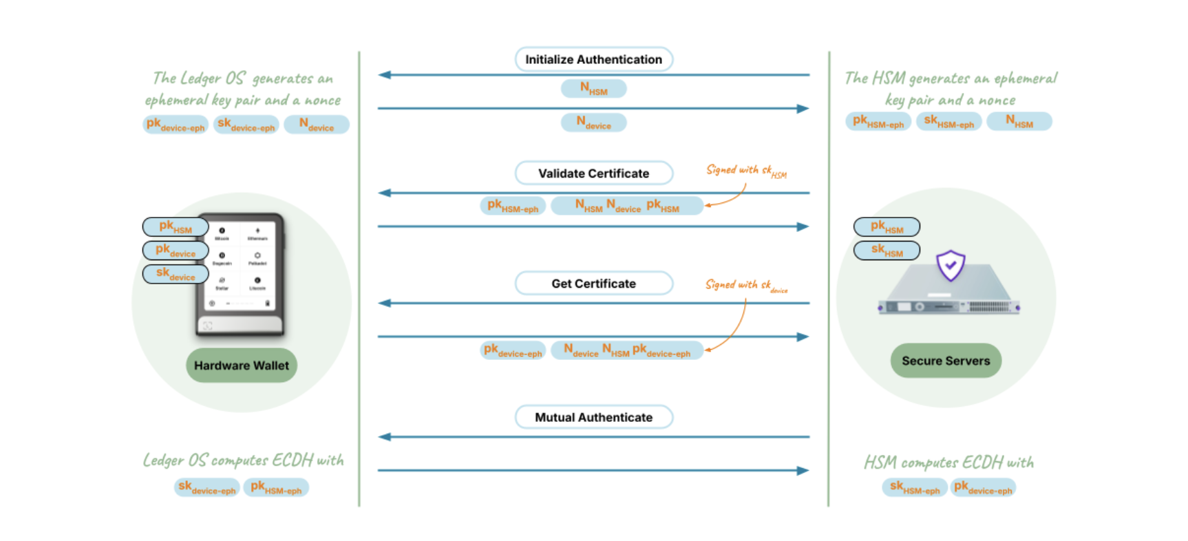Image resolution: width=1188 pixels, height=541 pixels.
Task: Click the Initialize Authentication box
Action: [593, 59]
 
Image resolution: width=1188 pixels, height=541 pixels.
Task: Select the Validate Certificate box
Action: [593, 173]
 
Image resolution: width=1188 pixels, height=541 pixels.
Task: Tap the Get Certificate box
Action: [593, 284]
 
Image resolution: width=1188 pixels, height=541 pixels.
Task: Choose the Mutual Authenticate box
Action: [593, 417]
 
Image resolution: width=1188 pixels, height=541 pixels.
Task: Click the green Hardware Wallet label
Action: [241, 365]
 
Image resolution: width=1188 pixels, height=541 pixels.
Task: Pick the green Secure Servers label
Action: [946, 361]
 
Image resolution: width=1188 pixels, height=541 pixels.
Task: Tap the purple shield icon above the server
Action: [951, 265]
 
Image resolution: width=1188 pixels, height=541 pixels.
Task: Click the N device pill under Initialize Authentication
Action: [593, 123]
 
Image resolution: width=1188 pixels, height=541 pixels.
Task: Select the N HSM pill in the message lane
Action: [593, 89]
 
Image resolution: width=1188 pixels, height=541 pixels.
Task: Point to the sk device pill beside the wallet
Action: [176, 274]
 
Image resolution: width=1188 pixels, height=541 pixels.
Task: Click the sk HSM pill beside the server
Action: [887, 251]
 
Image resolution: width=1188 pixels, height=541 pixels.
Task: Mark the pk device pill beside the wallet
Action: [176, 251]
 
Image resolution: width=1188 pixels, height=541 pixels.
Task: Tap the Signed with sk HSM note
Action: [746, 171]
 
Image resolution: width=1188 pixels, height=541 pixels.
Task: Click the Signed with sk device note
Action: [746, 285]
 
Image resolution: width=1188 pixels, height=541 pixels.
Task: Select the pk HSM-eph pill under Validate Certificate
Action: [513, 206]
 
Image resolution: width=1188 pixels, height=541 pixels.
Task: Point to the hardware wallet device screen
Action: [240, 265]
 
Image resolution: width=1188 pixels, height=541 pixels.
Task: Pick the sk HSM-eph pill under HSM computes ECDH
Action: [914, 488]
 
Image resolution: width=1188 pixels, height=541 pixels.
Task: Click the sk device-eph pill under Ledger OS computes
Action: [206, 488]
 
